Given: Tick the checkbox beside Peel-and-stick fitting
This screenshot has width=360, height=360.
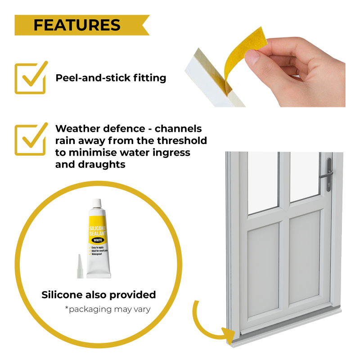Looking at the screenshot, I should pyautogui.click(x=30, y=78).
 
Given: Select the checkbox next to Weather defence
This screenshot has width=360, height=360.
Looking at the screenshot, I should pyautogui.click(x=30, y=140).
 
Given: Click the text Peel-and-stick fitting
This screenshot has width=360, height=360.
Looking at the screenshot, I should pyautogui.click(x=111, y=78).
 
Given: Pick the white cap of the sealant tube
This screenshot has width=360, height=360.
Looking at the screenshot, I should pyautogui.click(x=95, y=205).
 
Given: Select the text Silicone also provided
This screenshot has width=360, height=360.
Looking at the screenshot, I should pyautogui.click(x=99, y=295).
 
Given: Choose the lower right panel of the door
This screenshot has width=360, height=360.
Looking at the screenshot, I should pyautogui.click(x=304, y=260).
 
